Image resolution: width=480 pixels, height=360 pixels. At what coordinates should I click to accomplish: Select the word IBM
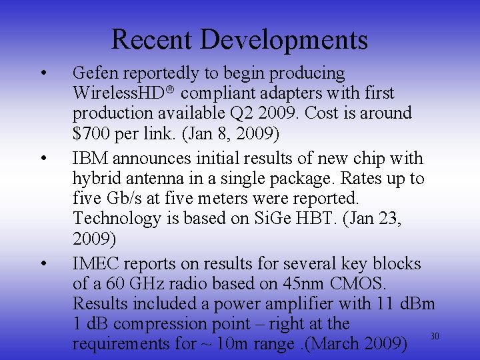point(91,158)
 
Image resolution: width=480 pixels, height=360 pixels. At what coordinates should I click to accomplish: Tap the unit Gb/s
point(121,199)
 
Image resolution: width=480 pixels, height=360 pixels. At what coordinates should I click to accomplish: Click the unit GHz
point(141,283)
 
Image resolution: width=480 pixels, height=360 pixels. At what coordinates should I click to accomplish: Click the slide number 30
point(435,335)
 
